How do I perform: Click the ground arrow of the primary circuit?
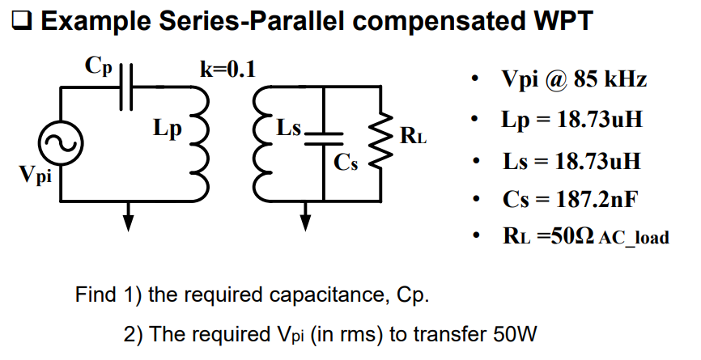127,216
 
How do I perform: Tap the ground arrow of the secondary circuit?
305,216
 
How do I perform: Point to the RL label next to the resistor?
413,135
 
